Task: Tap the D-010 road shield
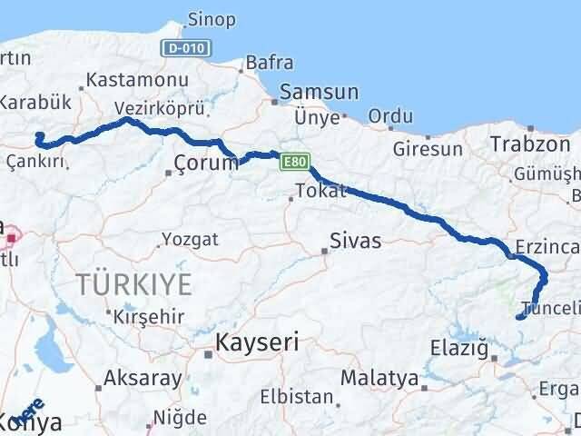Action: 187,46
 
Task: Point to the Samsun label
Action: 320,93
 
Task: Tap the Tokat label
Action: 317,192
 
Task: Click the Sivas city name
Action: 355,242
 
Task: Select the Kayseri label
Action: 256,342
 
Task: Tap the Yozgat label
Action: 190,240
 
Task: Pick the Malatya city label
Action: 380,377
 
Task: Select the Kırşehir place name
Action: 149,316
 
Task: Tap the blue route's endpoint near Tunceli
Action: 518,317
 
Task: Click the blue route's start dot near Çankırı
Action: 38,136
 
